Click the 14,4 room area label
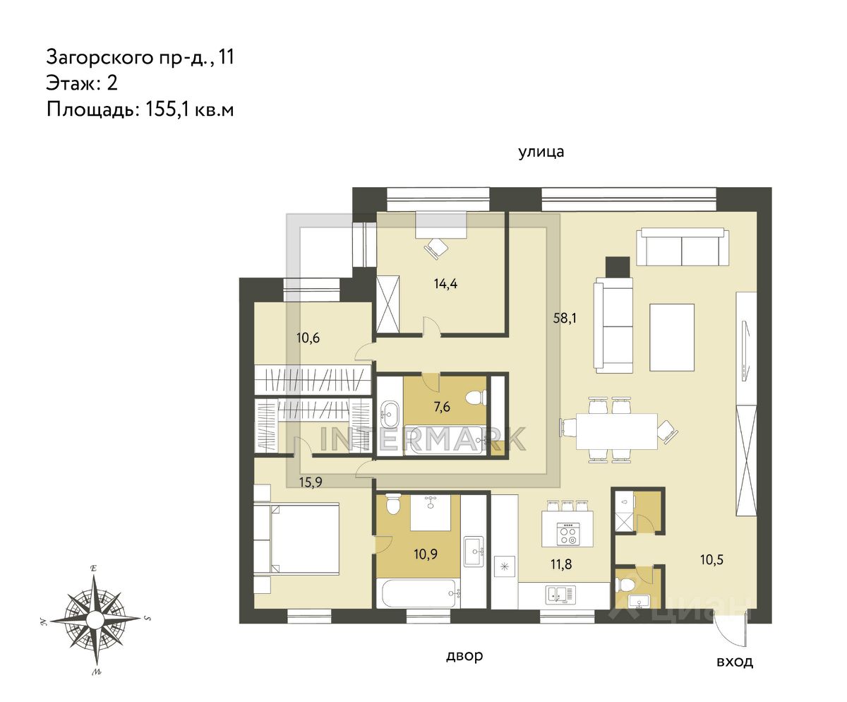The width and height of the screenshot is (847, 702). coord(445,284)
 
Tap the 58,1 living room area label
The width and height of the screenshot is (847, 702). coord(565,318)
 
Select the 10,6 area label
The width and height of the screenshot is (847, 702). coord(308,338)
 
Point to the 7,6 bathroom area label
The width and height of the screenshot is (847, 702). coord(442,406)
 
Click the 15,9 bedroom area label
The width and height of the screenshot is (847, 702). coord(311,482)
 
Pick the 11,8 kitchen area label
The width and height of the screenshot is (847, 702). coord(561,564)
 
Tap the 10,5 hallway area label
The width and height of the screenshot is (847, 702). coord(711,560)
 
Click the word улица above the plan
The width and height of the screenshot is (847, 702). coord(541,152)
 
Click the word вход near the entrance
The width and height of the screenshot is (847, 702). coord(735,673)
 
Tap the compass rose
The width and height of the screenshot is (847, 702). coord(95,619)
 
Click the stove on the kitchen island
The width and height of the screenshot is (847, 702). coord(567,535)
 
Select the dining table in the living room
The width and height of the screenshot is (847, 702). coord(617,432)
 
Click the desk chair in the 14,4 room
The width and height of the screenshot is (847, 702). coord(435,248)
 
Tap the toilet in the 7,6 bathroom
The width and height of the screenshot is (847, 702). coord(476,398)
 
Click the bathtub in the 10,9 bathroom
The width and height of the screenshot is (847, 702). coord(419,593)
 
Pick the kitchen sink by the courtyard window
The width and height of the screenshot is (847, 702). coord(560,594)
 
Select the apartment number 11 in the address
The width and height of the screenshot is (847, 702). coord(227,56)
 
